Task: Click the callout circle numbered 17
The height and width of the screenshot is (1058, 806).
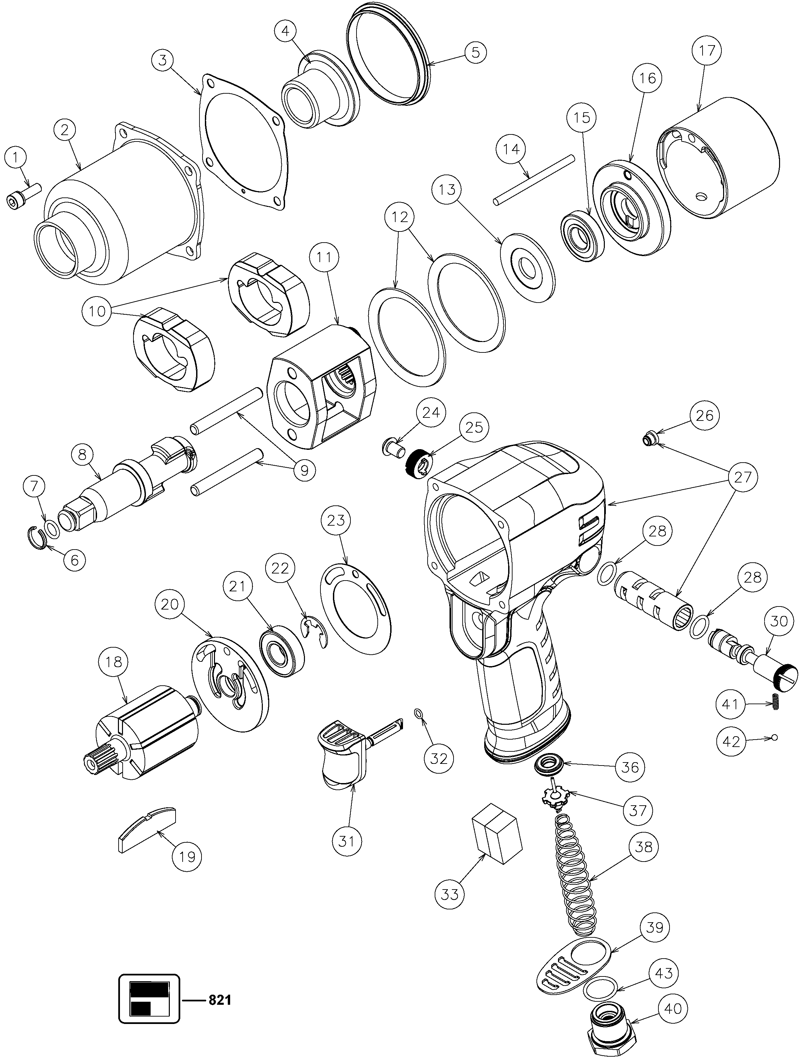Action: (x=707, y=50)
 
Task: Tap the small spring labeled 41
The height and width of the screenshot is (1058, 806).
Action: (x=775, y=704)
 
